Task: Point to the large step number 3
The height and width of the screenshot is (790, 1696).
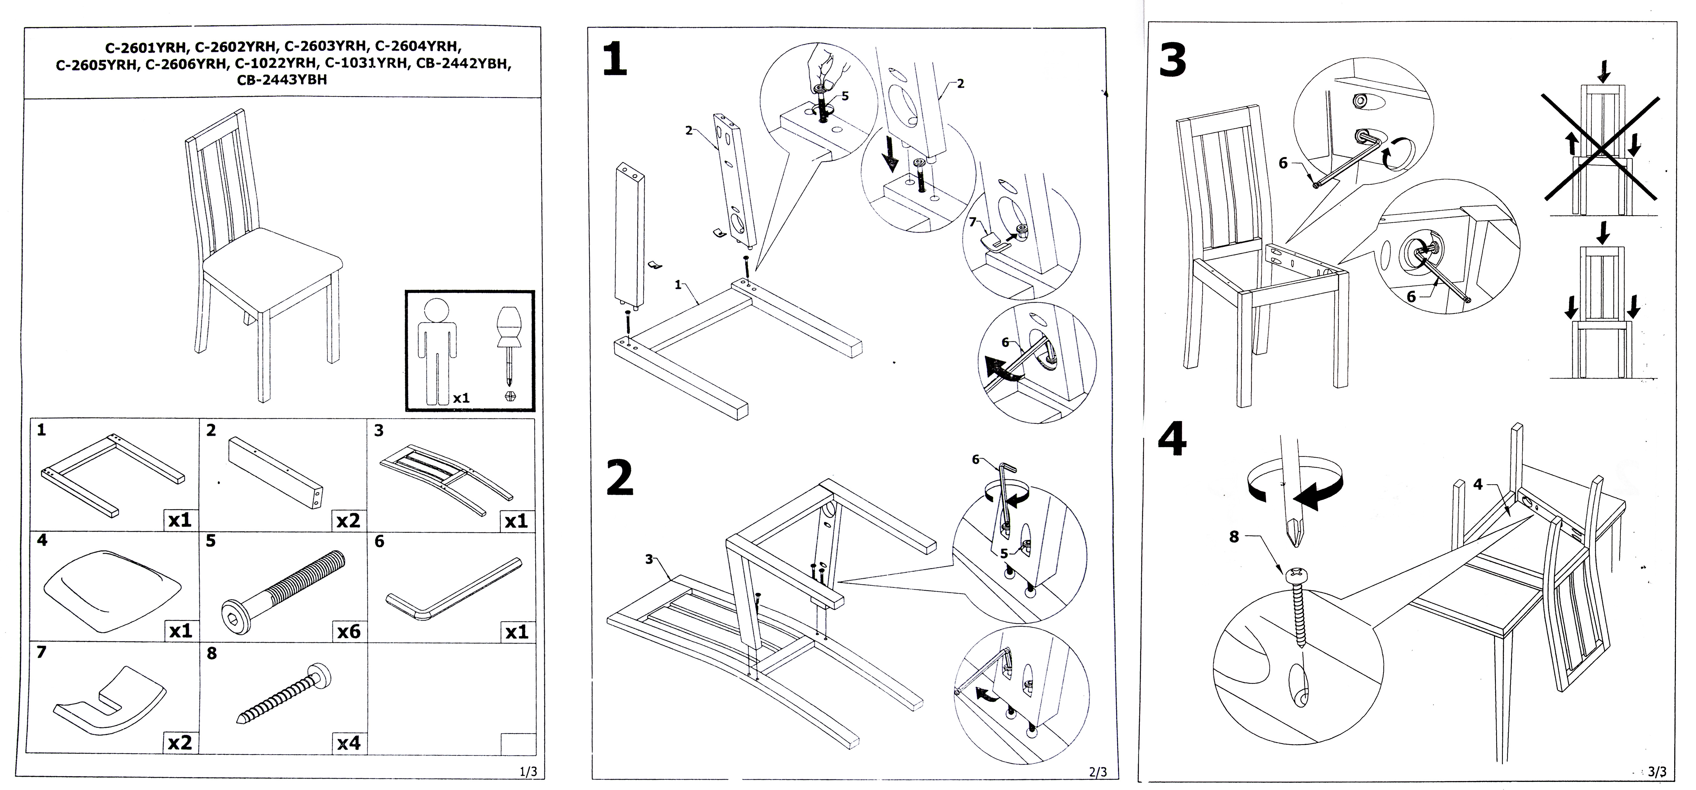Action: pyautogui.click(x=1172, y=61)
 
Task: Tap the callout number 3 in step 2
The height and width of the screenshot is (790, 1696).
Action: pyautogui.click(x=649, y=559)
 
